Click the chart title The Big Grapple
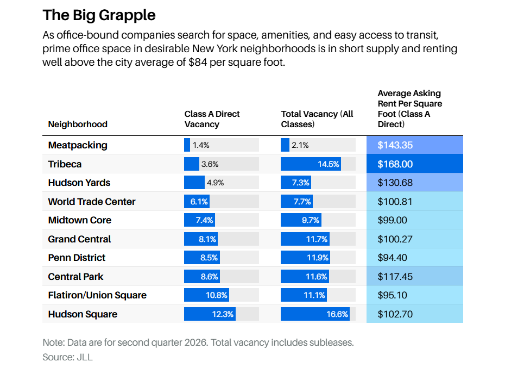tap(99, 15)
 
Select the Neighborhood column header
tap(78, 124)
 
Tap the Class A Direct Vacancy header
tap(212, 119)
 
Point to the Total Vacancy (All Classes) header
tap(317, 119)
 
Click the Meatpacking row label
tap(78, 145)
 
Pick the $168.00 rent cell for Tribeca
tap(415, 164)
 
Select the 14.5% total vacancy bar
tap(311, 164)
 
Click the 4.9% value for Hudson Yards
tap(215, 183)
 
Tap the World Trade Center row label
tap(92, 202)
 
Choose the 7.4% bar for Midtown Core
tap(200, 220)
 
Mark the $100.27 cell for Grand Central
tap(415, 239)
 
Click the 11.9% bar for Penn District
tap(305, 258)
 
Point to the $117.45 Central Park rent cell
tap(415, 276)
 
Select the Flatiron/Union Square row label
tap(97, 295)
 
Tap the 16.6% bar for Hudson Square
tap(315, 314)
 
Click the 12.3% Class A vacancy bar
tap(210, 314)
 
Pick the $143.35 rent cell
tap(415, 145)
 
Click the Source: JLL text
tap(68, 357)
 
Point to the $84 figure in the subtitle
tap(198, 62)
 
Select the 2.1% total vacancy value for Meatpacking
tap(300, 145)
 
